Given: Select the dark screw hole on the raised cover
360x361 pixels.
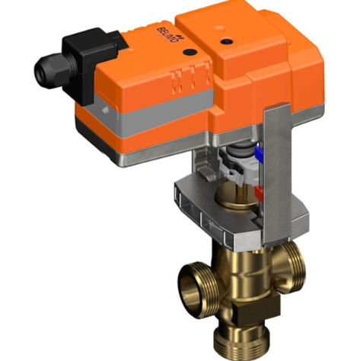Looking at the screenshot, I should point(226,34).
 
